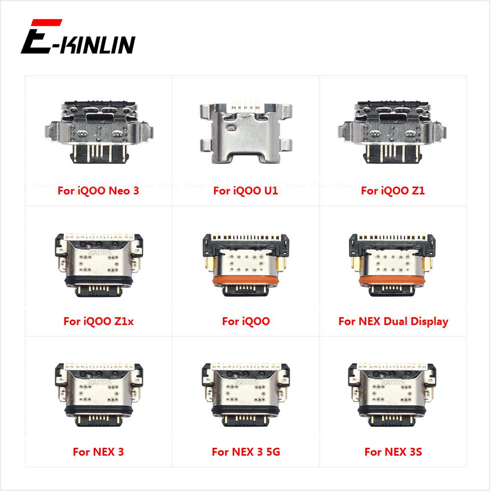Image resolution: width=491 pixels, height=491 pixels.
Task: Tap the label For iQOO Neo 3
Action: (98, 191)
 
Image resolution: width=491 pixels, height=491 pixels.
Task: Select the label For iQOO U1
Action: (245, 191)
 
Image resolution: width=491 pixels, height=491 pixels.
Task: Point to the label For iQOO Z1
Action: (393, 191)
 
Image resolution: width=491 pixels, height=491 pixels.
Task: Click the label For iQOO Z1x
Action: (98, 322)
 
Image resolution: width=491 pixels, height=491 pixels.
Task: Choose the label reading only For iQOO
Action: (245, 322)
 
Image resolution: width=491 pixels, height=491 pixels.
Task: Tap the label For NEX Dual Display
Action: (393, 322)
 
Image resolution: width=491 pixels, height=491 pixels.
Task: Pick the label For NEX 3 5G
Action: (245, 452)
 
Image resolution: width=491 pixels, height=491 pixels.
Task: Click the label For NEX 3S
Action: (393, 452)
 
